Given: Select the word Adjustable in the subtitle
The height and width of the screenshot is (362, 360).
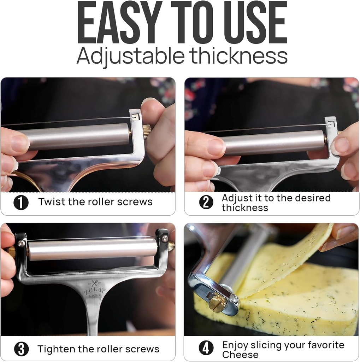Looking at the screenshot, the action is (x=130, y=56).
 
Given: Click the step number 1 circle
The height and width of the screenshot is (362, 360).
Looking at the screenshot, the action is (x=21, y=203).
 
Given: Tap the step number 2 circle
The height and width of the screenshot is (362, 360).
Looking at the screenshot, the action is (x=206, y=202).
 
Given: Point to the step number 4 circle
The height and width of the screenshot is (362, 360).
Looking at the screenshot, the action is (x=206, y=348).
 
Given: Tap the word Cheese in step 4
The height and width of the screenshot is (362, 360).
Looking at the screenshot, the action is (x=240, y=354).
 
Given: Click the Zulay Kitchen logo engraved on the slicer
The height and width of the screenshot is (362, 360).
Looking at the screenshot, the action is (x=95, y=289).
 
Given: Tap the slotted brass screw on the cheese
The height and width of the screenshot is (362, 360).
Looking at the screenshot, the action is (x=216, y=304).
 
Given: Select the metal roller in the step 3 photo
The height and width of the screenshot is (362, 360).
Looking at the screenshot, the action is (x=93, y=250).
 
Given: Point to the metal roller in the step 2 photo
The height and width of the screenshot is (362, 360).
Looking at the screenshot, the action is (x=273, y=142).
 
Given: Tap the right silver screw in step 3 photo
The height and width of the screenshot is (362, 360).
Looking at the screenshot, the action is (x=165, y=239).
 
